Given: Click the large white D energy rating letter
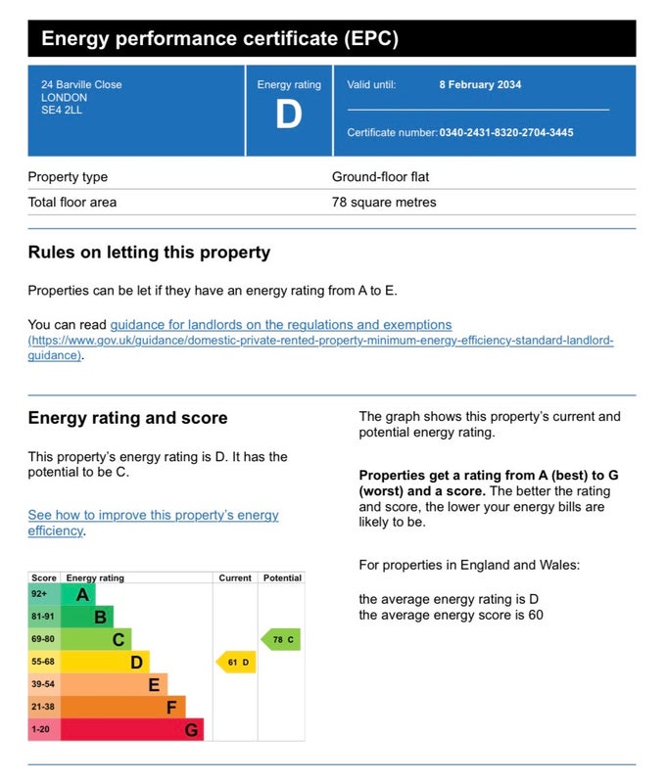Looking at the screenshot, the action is point(289,114).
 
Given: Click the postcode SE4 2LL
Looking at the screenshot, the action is point(62,111).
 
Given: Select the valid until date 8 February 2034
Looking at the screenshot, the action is point(480,85).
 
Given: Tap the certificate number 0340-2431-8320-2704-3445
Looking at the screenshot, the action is point(506,133).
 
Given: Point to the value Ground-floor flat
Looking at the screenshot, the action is point(380,177).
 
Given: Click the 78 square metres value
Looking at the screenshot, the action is point(384,203).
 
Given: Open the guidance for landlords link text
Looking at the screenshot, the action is point(281,325).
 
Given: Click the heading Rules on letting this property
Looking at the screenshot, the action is point(149,253).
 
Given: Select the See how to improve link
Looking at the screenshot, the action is point(153,523).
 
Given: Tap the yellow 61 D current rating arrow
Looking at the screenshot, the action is point(236,663).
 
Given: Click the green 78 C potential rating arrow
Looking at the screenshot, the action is point(281,640).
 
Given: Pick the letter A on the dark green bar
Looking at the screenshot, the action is point(82,595).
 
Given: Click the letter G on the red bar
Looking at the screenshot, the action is point(191,730).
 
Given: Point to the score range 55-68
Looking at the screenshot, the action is point(43,662).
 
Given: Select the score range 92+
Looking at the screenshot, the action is point(39,594).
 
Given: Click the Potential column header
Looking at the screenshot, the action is point(282,577).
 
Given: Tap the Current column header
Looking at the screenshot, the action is point(235,577).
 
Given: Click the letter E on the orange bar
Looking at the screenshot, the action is point(154,684).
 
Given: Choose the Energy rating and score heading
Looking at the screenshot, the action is point(128,418).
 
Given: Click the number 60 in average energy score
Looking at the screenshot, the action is point(536,615).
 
